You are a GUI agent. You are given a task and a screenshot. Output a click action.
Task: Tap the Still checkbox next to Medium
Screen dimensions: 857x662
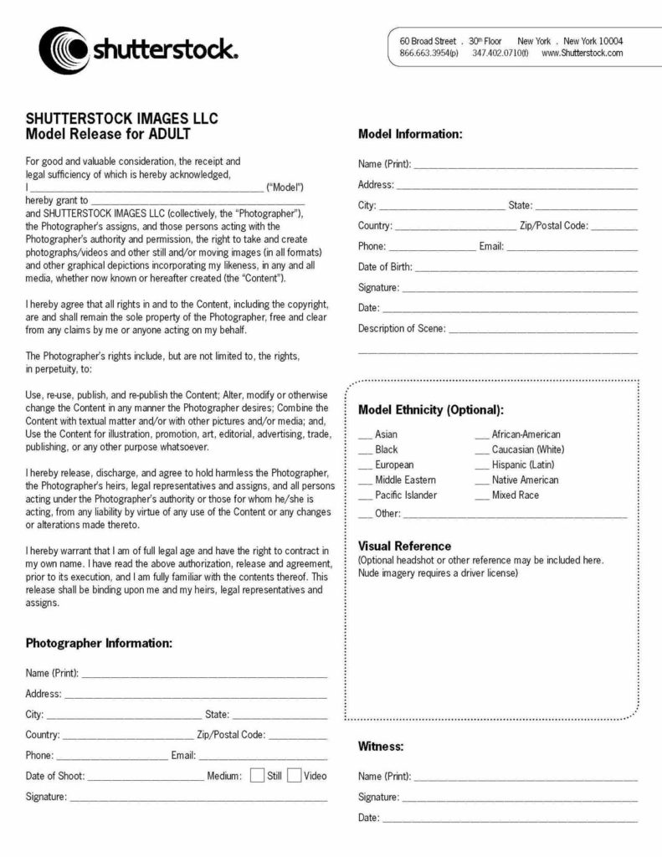(258, 775)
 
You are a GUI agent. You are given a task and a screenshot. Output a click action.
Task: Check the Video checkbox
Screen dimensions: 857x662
(295, 775)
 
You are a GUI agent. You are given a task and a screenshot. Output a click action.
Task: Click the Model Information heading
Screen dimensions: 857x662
(409, 134)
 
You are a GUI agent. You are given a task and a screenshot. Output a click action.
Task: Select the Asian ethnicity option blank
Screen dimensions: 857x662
(365, 435)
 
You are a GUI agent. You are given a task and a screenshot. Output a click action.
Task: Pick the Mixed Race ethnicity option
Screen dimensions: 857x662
(482, 495)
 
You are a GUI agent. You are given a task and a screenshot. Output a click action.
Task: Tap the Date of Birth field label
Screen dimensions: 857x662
(385, 267)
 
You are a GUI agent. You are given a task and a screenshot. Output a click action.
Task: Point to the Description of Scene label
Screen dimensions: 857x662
(402, 329)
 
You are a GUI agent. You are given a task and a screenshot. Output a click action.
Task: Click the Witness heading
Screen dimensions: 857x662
(381, 746)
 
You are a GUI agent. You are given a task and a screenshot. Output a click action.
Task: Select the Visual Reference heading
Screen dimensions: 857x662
(404, 547)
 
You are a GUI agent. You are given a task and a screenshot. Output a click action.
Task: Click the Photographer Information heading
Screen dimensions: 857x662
(99, 643)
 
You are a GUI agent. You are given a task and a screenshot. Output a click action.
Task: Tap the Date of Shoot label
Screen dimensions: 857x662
(55, 776)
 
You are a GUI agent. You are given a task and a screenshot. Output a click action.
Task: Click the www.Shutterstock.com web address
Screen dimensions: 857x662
(582, 54)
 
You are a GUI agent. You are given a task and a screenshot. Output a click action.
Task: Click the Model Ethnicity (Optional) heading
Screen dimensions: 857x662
(430, 410)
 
